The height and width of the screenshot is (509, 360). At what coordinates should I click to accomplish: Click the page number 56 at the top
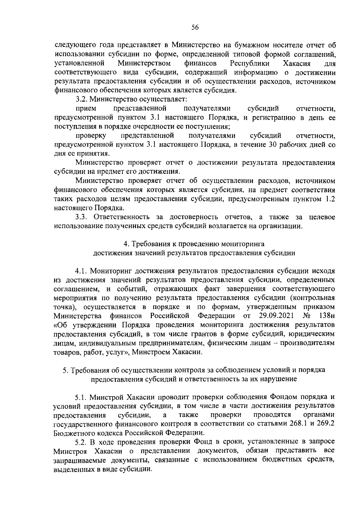click(195, 28)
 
